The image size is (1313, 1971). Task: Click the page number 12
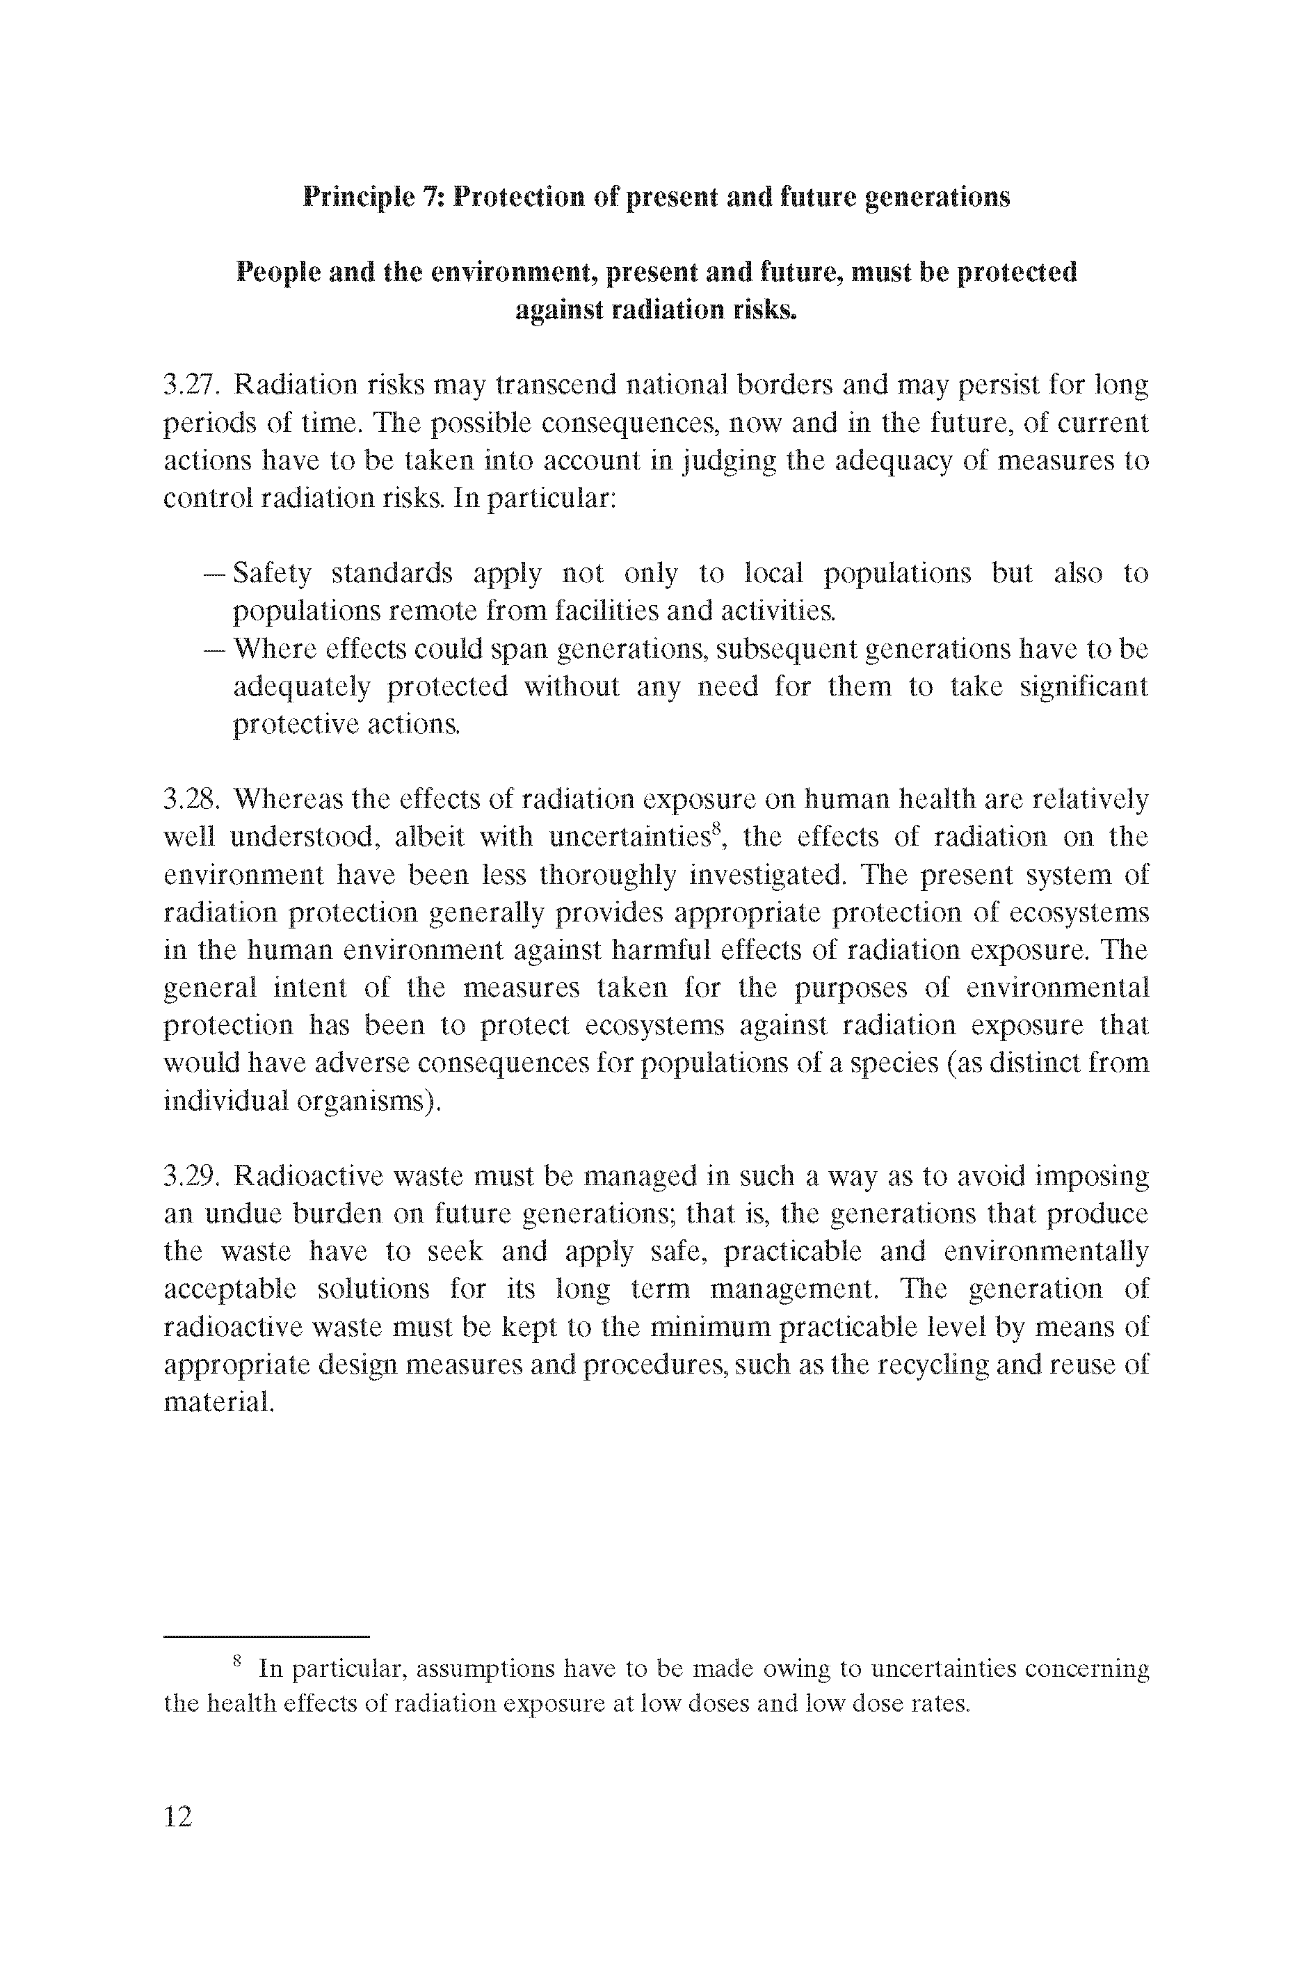pos(178,1815)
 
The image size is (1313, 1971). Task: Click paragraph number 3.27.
pos(191,385)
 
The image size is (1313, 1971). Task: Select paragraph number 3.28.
pos(191,799)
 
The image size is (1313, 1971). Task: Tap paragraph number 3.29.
pos(191,1175)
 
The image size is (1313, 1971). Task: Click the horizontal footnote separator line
pos(266,1635)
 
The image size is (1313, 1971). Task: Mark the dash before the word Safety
pos(214,574)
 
